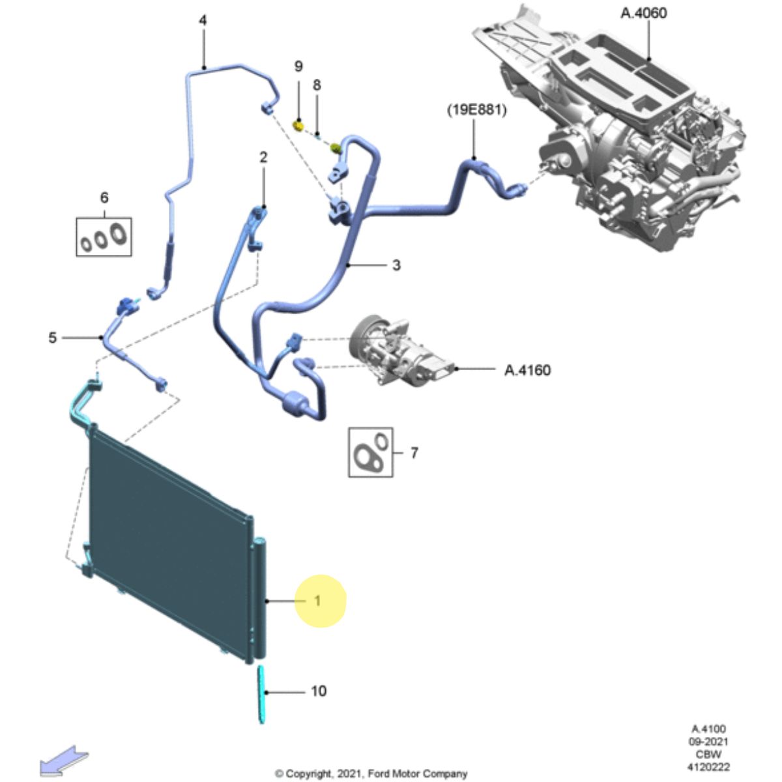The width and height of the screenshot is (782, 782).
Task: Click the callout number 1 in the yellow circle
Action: (x=318, y=601)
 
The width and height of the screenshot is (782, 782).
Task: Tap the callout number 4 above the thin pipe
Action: (x=203, y=21)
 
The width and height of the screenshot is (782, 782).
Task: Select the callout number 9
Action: (x=298, y=66)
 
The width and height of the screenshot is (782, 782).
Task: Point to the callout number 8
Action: (x=317, y=85)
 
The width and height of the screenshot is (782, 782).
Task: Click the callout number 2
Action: (x=263, y=157)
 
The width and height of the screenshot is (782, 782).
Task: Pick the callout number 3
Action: (x=396, y=265)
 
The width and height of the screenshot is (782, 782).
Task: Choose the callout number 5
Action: (x=53, y=338)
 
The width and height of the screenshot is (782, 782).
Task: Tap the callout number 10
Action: (x=318, y=691)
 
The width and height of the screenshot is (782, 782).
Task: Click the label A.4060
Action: (x=643, y=13)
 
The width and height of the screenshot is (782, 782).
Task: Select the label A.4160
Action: (x=527, y=370)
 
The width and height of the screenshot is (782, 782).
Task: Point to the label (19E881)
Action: (x=476, y=111)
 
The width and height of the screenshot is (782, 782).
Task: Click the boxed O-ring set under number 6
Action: (x=104, y=237)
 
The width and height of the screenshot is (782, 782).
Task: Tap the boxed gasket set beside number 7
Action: (x=370, y=452)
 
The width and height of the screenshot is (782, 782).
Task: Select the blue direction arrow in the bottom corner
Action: (x=64, y=760)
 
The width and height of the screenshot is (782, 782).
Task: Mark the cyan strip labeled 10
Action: (x=262, y=693)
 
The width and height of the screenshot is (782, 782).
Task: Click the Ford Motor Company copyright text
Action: (x=371, y=774)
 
